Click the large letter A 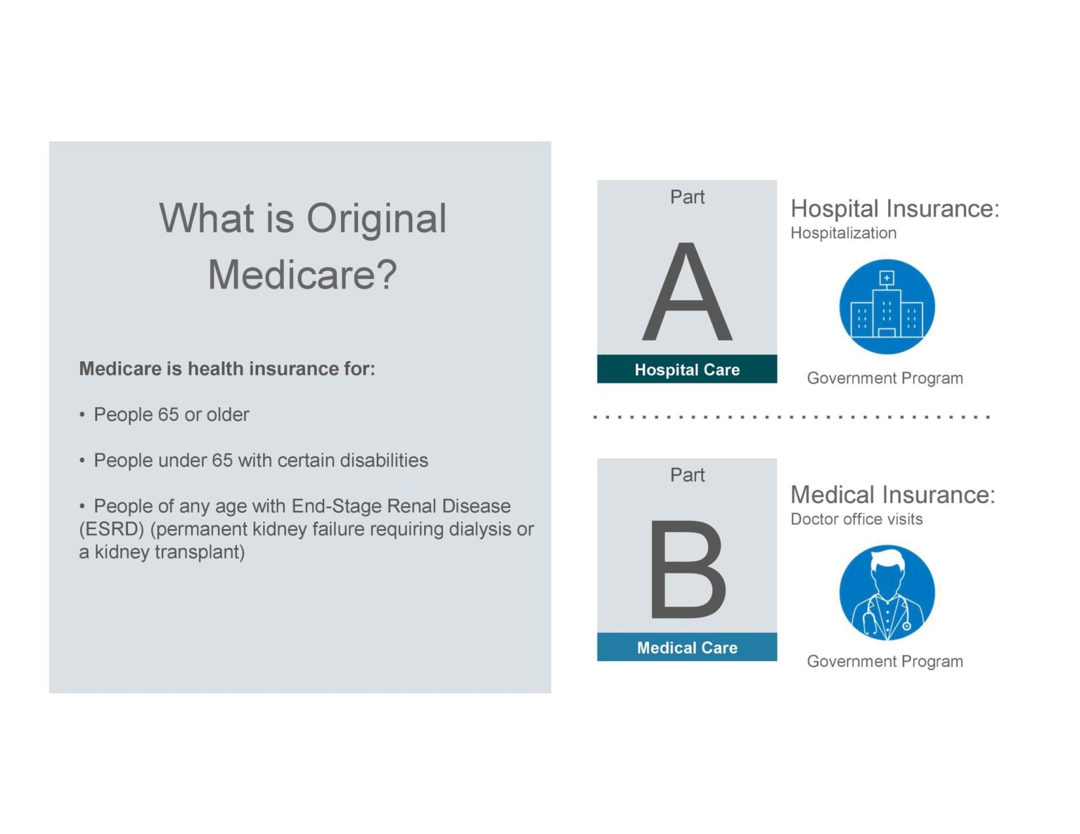[687, 292]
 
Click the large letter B [687, 569]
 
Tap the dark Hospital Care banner [687, 370]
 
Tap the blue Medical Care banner [687, 647]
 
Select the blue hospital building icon [887, 307]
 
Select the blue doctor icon [887, 592]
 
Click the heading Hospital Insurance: [894, 209]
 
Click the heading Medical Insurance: [892, 495]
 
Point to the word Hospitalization [843, 233]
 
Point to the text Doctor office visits [856, 519]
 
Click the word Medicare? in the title [302, 274]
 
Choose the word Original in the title [376, 219]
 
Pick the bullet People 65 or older [171, 415]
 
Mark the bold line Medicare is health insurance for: [227, 369]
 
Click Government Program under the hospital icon [885, 378]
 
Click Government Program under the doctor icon [885, 661]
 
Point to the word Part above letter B [687, 475]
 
